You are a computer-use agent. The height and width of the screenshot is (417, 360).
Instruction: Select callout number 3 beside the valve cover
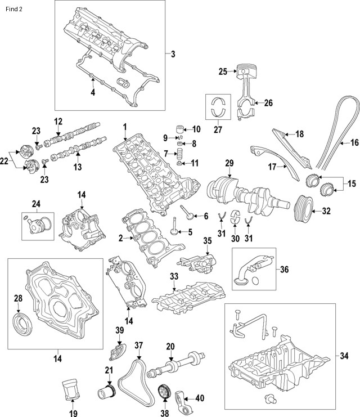click(173, 54)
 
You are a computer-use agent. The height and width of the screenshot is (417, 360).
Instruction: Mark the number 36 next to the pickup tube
click(284, 270)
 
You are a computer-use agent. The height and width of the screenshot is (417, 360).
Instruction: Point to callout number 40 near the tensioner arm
click(199, 398)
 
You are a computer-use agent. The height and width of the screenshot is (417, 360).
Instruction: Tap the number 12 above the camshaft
click(57, 121)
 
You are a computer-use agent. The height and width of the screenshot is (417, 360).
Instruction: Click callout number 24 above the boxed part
click(37, 204)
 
